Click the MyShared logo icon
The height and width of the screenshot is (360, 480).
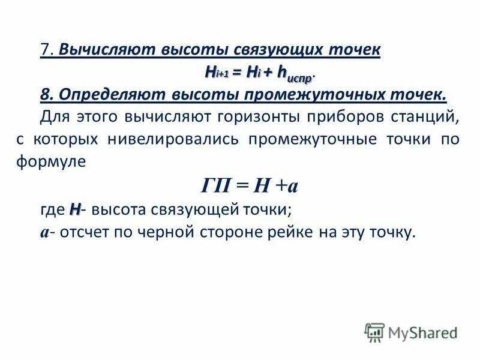374,332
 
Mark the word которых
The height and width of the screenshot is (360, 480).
68,139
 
